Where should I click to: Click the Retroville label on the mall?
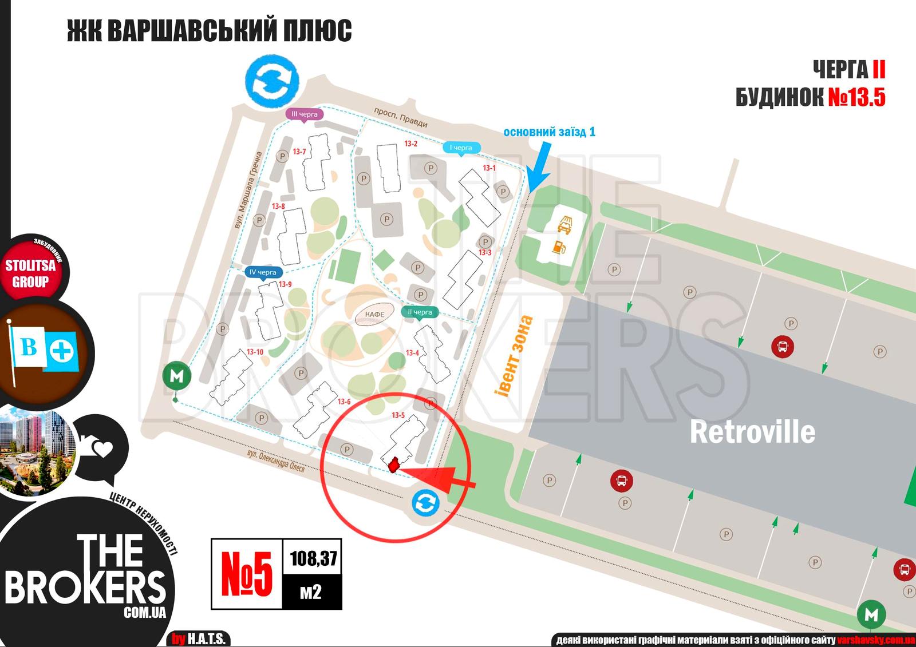point(752,431)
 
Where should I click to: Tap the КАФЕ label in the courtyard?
point(375,314)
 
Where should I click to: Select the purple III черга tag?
point(305,114)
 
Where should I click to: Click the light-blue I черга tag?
point(461,148)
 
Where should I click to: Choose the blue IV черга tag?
point(263,272)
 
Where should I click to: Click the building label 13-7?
point(299,152)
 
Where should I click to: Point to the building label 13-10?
point(255,352)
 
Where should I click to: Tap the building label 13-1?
point(489,168)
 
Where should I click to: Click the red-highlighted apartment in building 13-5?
point(394,465)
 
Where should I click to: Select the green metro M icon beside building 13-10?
point(176,376)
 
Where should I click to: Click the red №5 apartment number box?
point(247,574)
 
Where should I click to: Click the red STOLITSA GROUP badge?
point(31,273)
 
